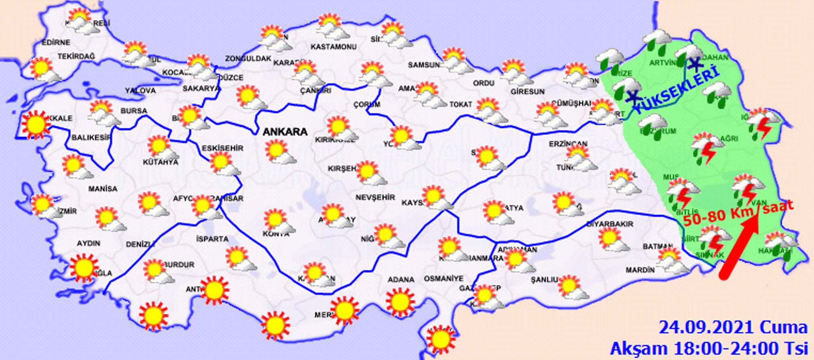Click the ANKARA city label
point(285,132)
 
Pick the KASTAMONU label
point(333,47)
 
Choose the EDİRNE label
point(56,42)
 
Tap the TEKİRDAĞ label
point(76,56)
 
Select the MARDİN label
point(640,270)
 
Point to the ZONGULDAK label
point(248,59)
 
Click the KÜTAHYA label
point(160,162)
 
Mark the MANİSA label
point(103,189)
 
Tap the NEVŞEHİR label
point(375,198)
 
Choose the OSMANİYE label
point(444,279)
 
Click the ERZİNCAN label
point(568,144)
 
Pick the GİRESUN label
point(527,92)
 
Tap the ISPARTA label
point(212,239)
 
